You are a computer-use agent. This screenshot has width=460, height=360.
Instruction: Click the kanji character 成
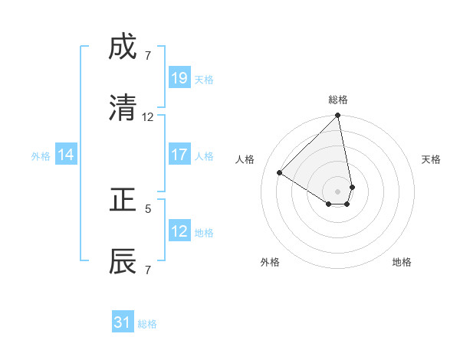[x=123, y=49]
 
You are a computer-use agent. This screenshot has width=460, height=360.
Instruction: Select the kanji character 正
[x=123, y=200]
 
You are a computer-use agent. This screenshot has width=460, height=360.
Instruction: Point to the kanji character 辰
[x=123, y=260]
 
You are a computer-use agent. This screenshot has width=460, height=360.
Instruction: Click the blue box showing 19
[x=179, y=77]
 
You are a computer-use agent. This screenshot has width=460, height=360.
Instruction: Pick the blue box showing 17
[x=179, y=155]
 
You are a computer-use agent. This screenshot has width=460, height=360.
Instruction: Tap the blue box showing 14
[x=66, y=155]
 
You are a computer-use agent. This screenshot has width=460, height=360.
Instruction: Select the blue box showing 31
[x=123, y=322]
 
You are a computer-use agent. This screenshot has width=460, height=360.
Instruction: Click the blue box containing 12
[x=179, y=231]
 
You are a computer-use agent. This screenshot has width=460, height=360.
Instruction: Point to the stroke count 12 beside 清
[x=148, y=117]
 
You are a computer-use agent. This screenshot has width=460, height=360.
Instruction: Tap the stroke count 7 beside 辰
[x=148, y=270]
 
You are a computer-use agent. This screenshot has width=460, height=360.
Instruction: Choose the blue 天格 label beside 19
[x=204, y=79]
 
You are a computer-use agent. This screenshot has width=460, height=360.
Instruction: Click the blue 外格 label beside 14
[x=41, y=156]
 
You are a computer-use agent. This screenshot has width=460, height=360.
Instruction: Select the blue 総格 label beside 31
[x=147, y=324]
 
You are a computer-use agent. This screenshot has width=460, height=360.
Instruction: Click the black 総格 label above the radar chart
[x=338, y=100]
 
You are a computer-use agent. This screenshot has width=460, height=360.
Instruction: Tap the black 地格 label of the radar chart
[x=402, y=263]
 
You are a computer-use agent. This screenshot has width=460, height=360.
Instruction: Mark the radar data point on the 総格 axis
[x=338, y=116]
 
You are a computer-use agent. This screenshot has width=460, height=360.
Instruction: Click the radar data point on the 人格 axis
[x=280, y=172]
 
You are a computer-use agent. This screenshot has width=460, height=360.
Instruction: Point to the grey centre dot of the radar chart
[x=338, y=191]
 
